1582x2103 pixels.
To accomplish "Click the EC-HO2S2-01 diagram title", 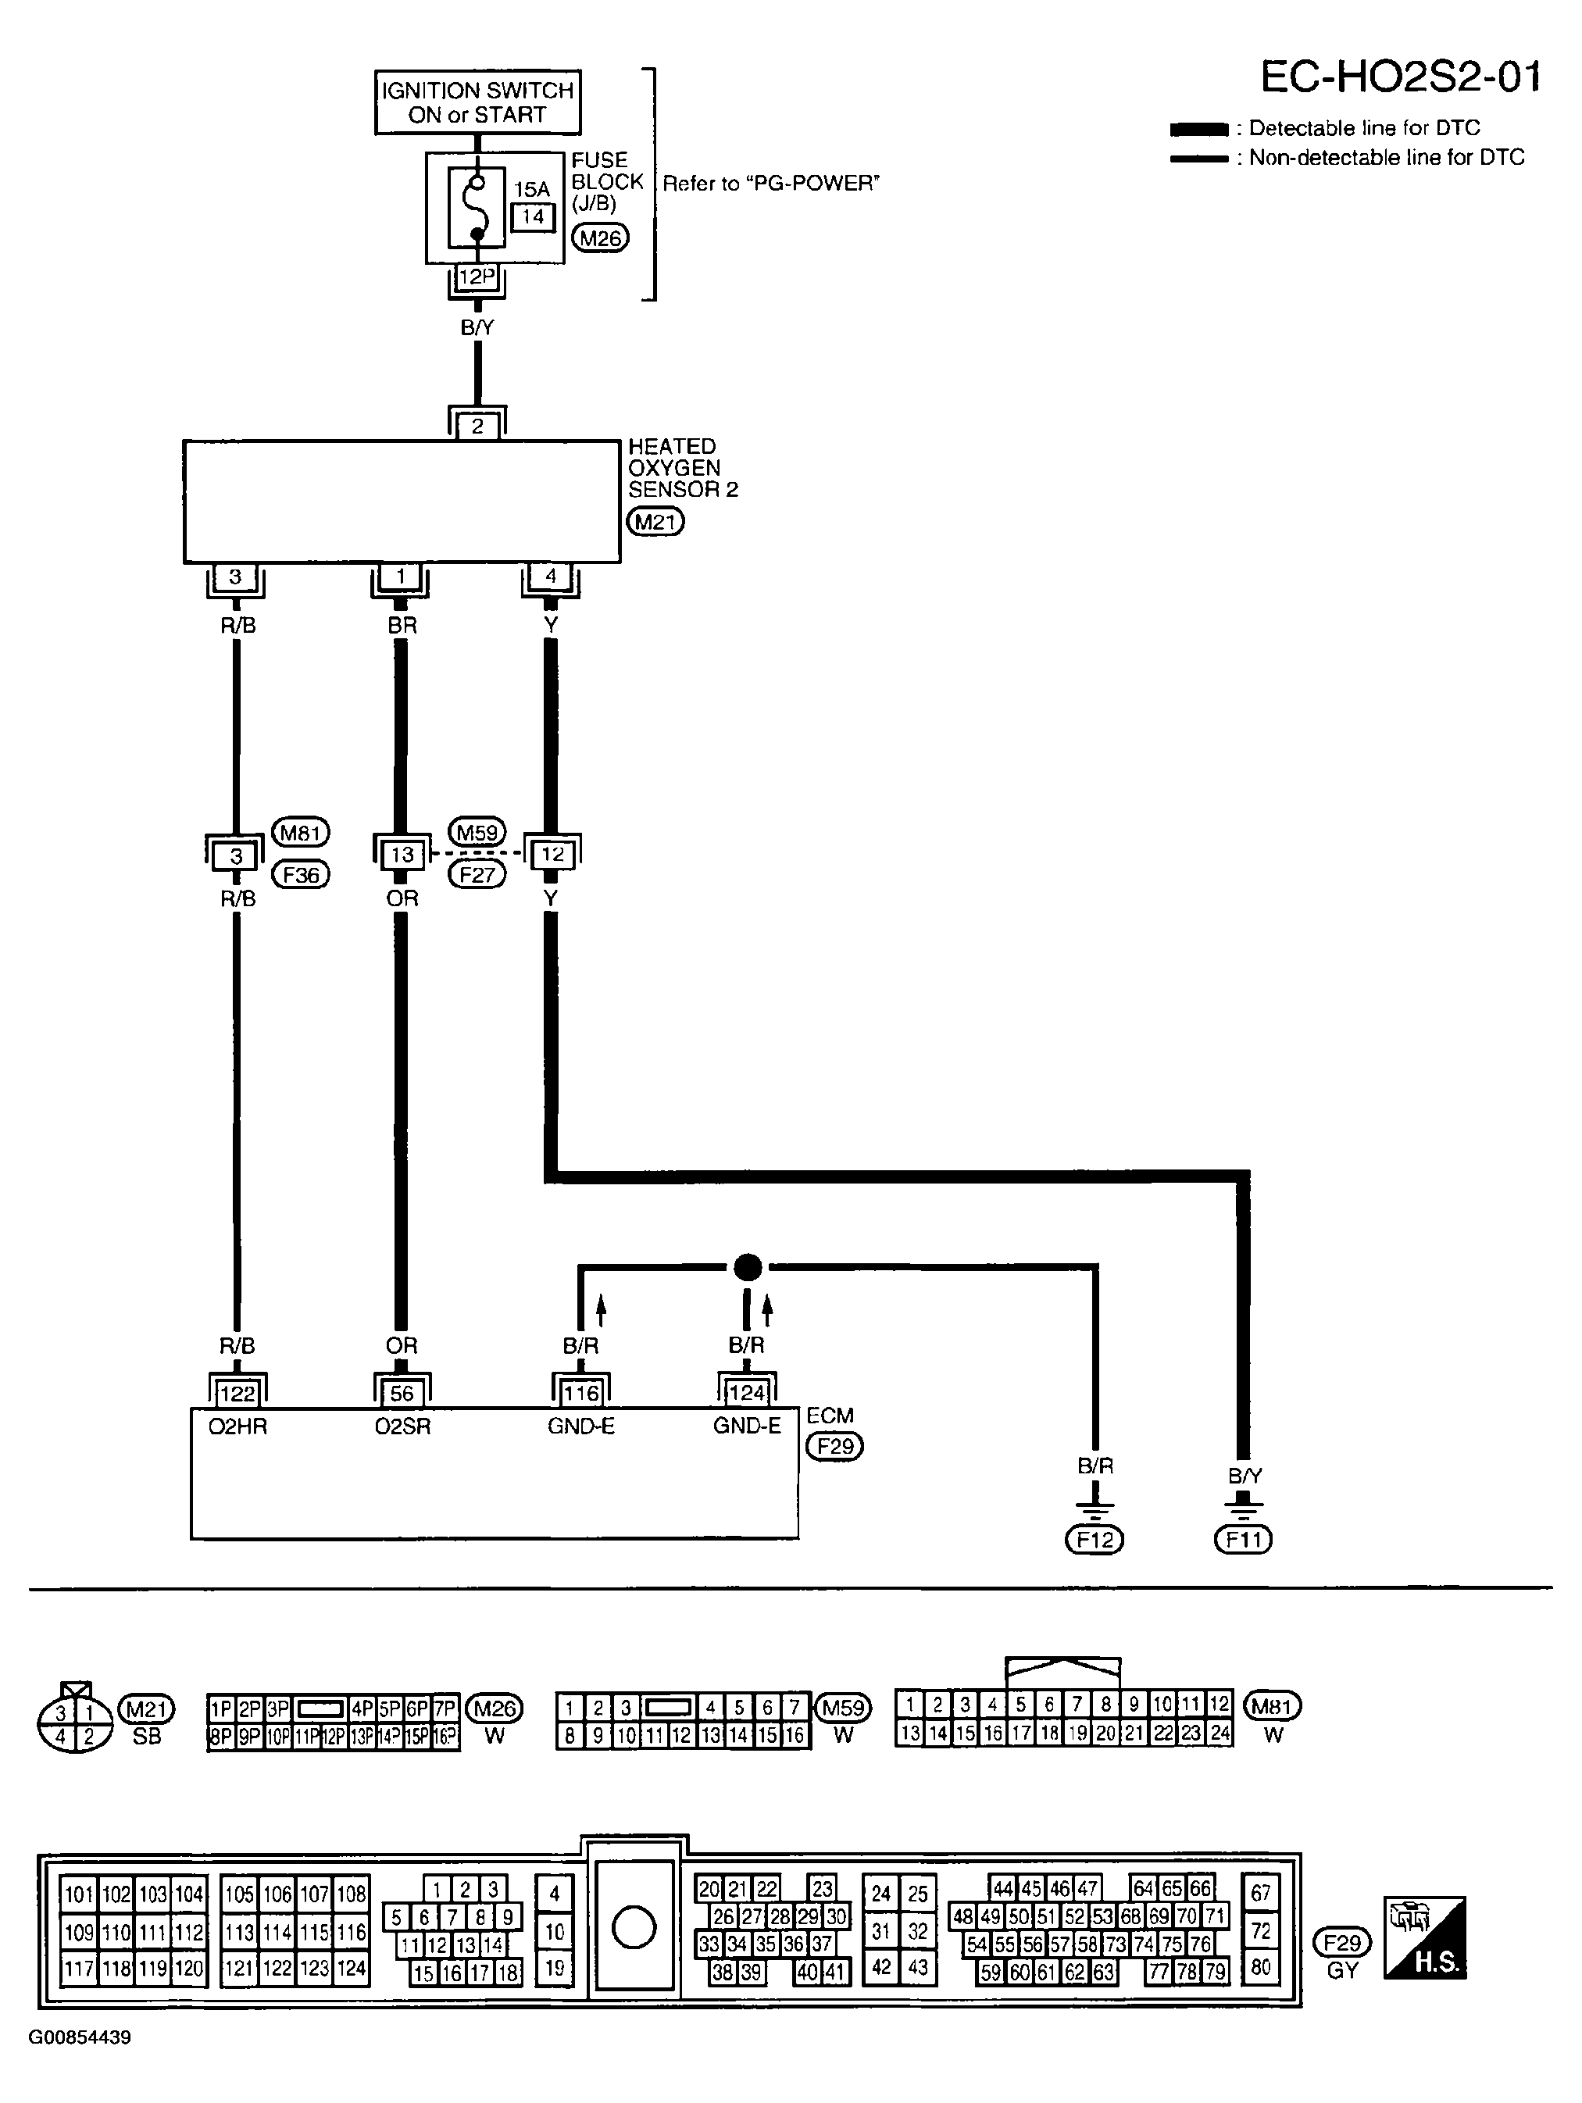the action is (1401, 77).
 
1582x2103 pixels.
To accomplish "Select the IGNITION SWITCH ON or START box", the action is (477, 102).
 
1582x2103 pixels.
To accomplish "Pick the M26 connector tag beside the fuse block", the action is (601, 237).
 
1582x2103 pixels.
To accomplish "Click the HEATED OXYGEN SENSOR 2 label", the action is (683, 468).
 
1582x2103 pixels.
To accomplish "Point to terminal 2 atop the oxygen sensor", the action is (477, 426).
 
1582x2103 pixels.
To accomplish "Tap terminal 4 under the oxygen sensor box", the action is (551, 575).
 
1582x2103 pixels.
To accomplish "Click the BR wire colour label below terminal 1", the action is (402, 626).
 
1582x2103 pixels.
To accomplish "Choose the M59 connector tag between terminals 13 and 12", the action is (477, 833).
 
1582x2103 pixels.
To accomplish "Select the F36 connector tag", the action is (301, 875).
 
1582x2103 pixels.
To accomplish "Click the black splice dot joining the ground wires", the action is (748, 1267).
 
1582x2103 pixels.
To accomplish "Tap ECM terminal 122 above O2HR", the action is (237, 1394).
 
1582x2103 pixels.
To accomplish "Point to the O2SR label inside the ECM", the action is (402, 1426).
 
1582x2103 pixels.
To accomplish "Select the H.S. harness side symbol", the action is (1425, 1937).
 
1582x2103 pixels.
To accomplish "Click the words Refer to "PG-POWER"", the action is (771, 184).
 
